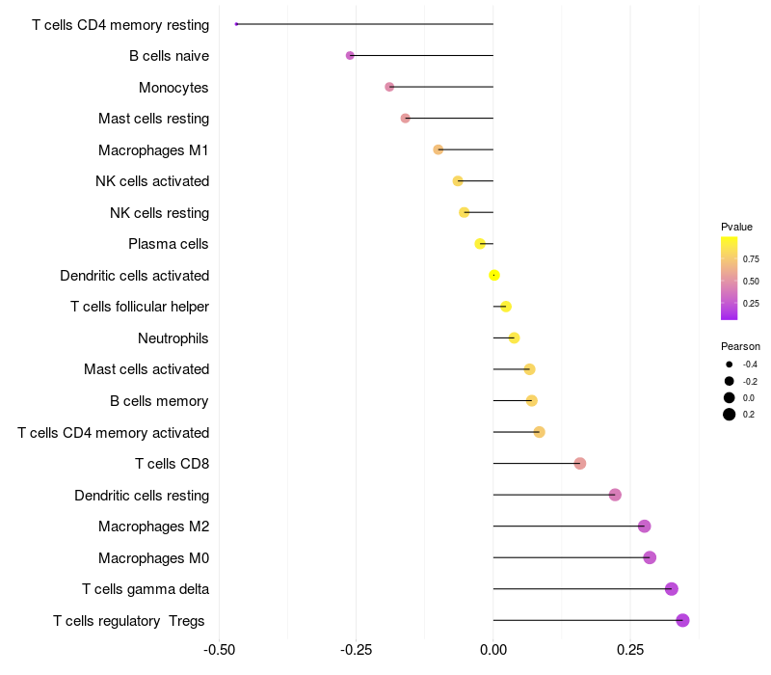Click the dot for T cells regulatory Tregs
click(x=682, y=620)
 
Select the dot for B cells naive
click(x=350, y=56)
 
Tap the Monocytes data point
click(x=389, y=87)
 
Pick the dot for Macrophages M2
click(x=644, y=526)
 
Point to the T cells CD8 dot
click(x=579, y=464)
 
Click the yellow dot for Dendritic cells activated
click(x=494, y=275)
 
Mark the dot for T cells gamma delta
click(x=671, y=589)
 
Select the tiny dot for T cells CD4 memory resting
click(x=236, y=24)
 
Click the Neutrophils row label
click(x=173, y=338)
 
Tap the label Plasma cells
click(x=169, y=244)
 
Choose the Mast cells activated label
click(x=146, y=369)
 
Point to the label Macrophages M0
click(x=153, y=557)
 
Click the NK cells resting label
click(x=159, y=212)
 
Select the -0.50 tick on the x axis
click(x=220, y=650)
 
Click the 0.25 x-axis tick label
click(x=630, y=650)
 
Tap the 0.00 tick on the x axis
click(x=493, y=650)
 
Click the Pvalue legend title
click(x=736, y=227)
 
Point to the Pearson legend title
click(x=740, y=346)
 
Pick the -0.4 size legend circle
click(x=730, y=364)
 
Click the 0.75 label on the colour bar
click(x=751, y=258)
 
